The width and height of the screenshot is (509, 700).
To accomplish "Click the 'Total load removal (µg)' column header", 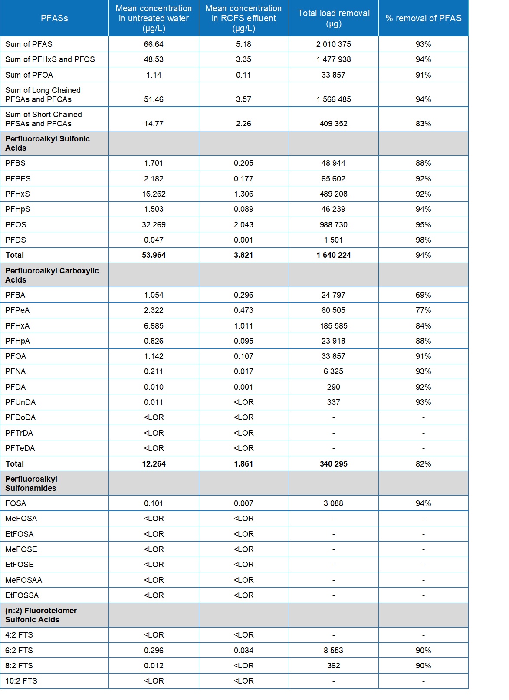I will pos(333,18).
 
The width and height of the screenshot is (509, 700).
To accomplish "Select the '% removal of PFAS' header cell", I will pos(423,18).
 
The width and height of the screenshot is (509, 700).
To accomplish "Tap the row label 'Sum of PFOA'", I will pos(29,75).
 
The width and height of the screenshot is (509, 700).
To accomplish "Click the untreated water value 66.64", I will pos(154,44).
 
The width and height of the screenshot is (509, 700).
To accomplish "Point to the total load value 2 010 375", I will pos(333,44).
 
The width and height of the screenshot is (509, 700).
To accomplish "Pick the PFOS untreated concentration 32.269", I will pos(154,225).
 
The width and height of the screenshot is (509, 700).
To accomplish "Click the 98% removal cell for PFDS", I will pos(423,240).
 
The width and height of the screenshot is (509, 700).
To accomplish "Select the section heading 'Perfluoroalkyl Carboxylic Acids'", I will pos(52,275).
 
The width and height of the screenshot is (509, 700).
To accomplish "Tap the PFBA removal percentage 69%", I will pos(423,295).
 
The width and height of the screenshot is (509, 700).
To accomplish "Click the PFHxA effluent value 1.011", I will pos(243,326).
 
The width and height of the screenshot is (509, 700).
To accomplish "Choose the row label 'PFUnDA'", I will pos(20,402).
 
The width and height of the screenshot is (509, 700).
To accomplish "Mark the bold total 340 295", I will pos(333,464).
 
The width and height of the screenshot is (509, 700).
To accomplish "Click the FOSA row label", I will pos(16,503).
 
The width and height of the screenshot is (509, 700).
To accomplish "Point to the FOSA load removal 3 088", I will pos(333,503).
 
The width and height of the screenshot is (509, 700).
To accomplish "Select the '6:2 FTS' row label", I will pos(19,651).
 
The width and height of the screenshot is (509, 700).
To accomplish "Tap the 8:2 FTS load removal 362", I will pos(333,666).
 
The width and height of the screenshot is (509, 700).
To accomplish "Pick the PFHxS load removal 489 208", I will pos(333,194).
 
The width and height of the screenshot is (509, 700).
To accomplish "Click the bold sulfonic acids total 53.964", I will pos(154,255).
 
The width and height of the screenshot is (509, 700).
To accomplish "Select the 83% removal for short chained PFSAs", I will pos(423,124).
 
